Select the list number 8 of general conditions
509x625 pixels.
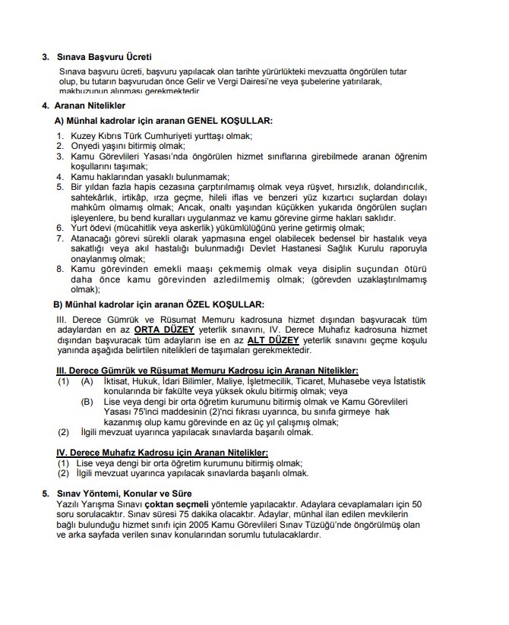61,268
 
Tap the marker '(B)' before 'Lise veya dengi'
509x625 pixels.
88,402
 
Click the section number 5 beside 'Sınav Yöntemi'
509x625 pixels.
46,493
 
